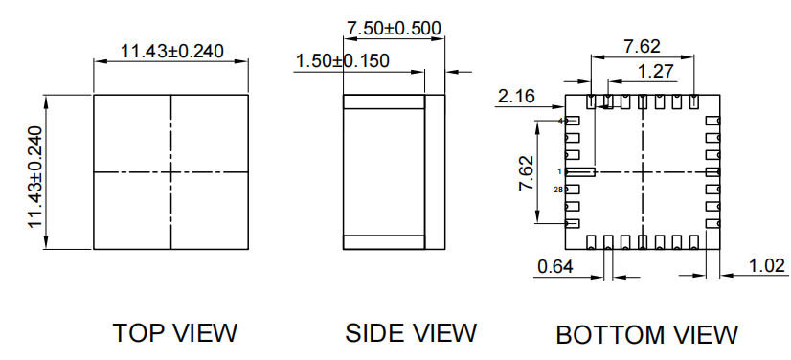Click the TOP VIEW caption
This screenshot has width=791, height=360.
tap(174, 333)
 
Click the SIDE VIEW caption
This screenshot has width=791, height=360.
tap(411, 333)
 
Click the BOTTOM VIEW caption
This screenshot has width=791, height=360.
tap(646, 335)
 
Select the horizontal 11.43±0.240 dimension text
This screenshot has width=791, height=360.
tap(172, 51)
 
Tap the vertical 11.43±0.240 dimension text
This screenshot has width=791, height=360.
tap(35, 176)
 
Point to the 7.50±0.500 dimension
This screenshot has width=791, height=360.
tap(394, 28)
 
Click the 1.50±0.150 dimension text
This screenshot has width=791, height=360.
tap(342, 61)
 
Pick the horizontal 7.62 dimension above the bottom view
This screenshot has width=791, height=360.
tap(642, 46)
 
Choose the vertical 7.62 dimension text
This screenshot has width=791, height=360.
tap(526, 172)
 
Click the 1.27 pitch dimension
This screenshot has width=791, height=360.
tap(656, 72)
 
